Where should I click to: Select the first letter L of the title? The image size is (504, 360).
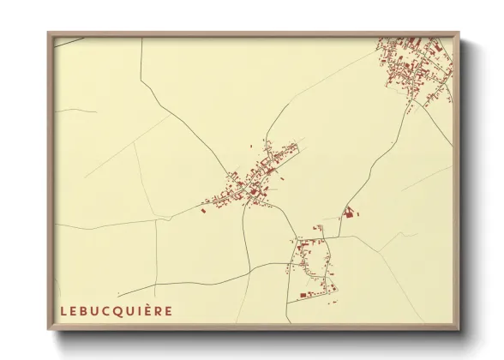point(63,309)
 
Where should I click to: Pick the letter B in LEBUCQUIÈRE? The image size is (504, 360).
point(85,309)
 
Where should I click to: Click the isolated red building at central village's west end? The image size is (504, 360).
point(204,208)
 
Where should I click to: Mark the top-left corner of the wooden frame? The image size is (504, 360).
point(49,33)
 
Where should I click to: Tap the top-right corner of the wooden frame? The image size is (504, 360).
point(459,33)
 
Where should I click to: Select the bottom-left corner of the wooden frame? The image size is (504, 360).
point(49,330)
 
